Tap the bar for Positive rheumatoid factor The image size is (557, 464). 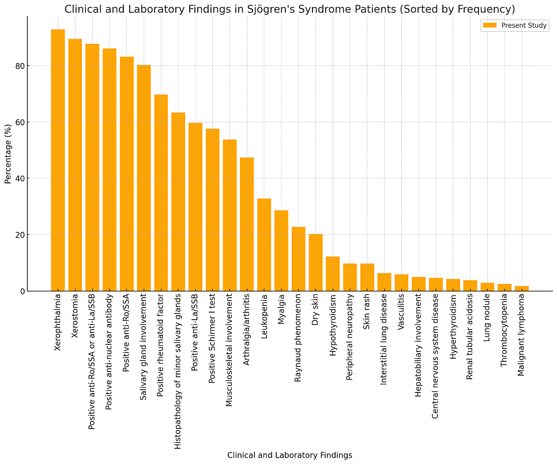click(x=161, y=193)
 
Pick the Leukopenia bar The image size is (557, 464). click(x=264, y=245)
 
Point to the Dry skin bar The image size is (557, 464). click(x=315, y=263)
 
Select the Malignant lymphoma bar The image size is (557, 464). click(x=522, y=289)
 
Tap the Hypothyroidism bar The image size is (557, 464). click(x=333, y=274)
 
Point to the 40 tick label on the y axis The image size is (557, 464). click(x=20, y=178)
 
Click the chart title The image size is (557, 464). click(x=289, y=9)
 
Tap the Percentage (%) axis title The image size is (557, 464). click(x=8, y=154)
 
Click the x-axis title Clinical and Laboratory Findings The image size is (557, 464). click(x=289, y=455)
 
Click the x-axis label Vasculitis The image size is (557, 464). click(x=401, y=313)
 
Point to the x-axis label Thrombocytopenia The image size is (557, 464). click(x=505, y=330)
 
